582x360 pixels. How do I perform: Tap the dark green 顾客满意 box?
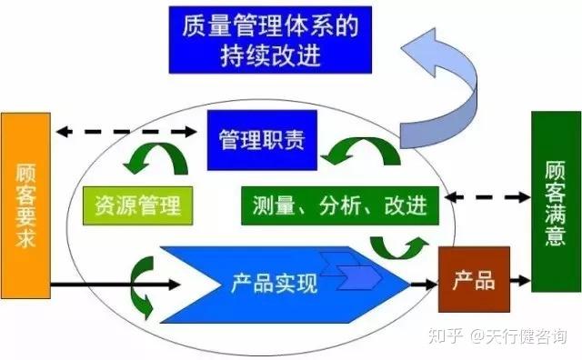pos(555,201)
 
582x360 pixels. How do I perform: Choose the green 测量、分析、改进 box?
pos(339,205)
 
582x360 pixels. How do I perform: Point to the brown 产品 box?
pos(472,280)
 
